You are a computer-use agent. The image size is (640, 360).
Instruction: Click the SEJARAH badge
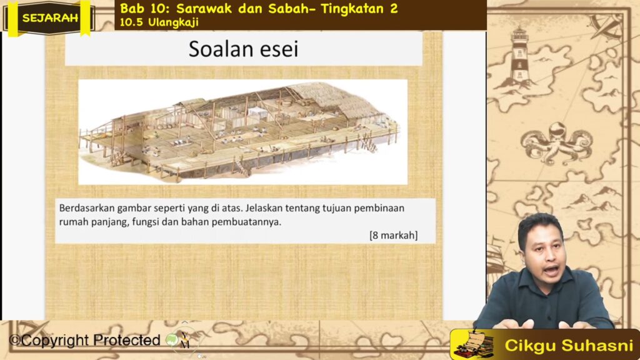click(50, 18)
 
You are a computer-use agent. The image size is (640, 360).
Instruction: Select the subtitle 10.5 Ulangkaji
click(159, 22)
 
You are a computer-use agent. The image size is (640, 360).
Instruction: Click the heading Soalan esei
click(243, 49)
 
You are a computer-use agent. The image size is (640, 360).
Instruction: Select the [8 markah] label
click(394, 236)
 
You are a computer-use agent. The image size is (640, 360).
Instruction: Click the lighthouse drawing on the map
click(519, 57)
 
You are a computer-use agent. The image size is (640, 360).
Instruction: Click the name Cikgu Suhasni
click(569, 346)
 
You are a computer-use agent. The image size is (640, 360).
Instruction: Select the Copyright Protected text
click(85, 340)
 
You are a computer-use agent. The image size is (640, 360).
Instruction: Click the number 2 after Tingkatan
click(394, 9)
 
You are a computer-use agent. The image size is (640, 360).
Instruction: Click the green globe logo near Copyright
click(171, 339)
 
